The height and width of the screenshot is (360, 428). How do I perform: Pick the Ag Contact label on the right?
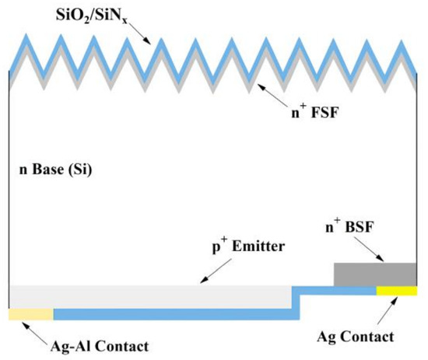click(x=356, y=337)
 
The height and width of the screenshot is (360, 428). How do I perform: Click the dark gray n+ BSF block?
click(x=374, y=274)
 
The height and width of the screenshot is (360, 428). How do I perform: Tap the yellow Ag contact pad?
click(x=396, y=291)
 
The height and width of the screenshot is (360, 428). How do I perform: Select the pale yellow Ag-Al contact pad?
click(x=30, y=314)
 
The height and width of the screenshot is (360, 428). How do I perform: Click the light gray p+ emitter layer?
click(x=148, y=295)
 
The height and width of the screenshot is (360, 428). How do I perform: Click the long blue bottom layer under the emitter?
click(x=175, y=314)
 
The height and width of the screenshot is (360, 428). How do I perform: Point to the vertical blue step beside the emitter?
click(x=296, y=302)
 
